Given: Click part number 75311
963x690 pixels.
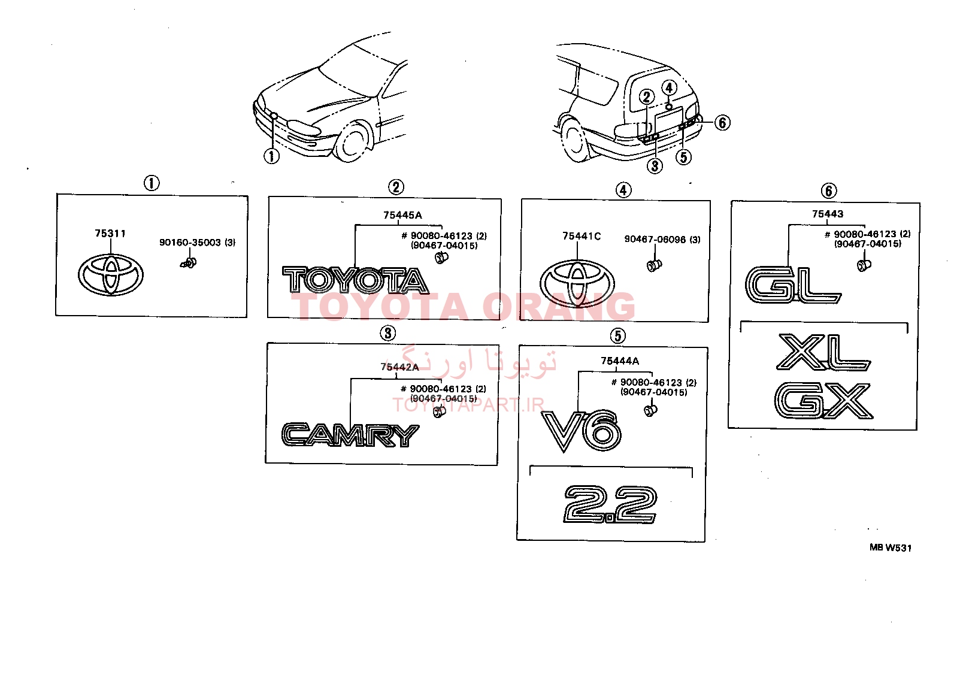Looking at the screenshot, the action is (110, 234).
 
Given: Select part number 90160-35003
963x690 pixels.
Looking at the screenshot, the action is (190, 243).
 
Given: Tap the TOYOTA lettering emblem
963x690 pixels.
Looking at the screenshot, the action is (355, 280).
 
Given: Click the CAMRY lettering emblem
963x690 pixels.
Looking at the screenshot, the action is (350, 435).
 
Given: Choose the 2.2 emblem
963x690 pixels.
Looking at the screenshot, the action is (610, 504).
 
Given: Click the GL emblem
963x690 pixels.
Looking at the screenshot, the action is (793, 285).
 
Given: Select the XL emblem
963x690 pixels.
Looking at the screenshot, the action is (823, 353).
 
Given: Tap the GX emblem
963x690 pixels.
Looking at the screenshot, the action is (823, 401).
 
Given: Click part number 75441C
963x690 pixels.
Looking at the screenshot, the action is (582, 236).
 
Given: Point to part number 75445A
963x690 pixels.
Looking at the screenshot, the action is (402, 215).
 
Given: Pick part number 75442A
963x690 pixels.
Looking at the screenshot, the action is (399, 367).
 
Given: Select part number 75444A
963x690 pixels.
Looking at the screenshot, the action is (619, 361).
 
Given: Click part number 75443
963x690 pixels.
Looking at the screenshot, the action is (828, 214).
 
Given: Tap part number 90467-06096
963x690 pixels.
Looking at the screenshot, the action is (655, 240).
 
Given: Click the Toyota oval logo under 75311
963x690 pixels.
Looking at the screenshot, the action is (110, 275).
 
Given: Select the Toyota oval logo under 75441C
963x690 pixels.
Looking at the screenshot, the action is (577, 283).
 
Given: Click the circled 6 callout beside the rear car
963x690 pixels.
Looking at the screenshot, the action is (722, 123).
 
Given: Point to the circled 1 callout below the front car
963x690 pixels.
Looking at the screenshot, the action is (271, 156).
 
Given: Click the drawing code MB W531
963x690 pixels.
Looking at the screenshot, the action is (891, 547).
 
